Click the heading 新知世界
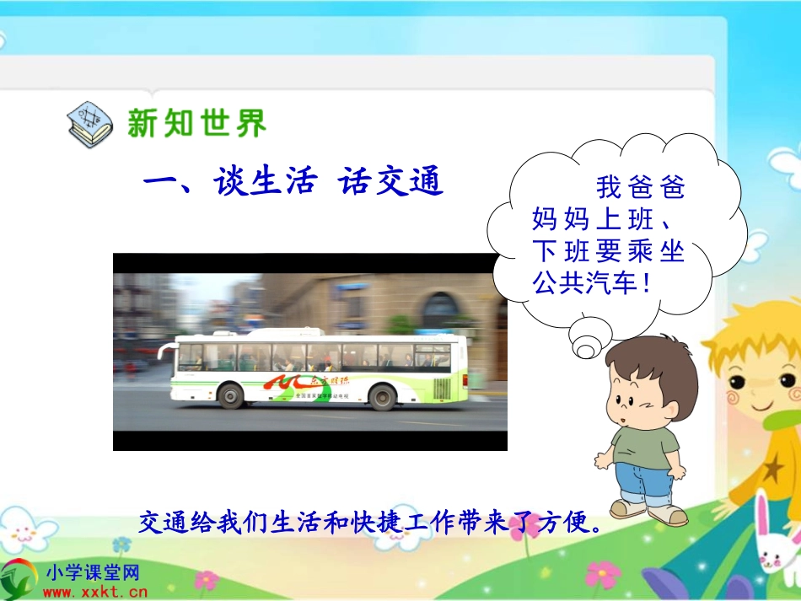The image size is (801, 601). point(196,123)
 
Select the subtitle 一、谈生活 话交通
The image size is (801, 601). point(293,181)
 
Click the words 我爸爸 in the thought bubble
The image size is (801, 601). point(640,186)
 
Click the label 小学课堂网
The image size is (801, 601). point(92,573)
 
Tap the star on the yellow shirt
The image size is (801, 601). point(771,467)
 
